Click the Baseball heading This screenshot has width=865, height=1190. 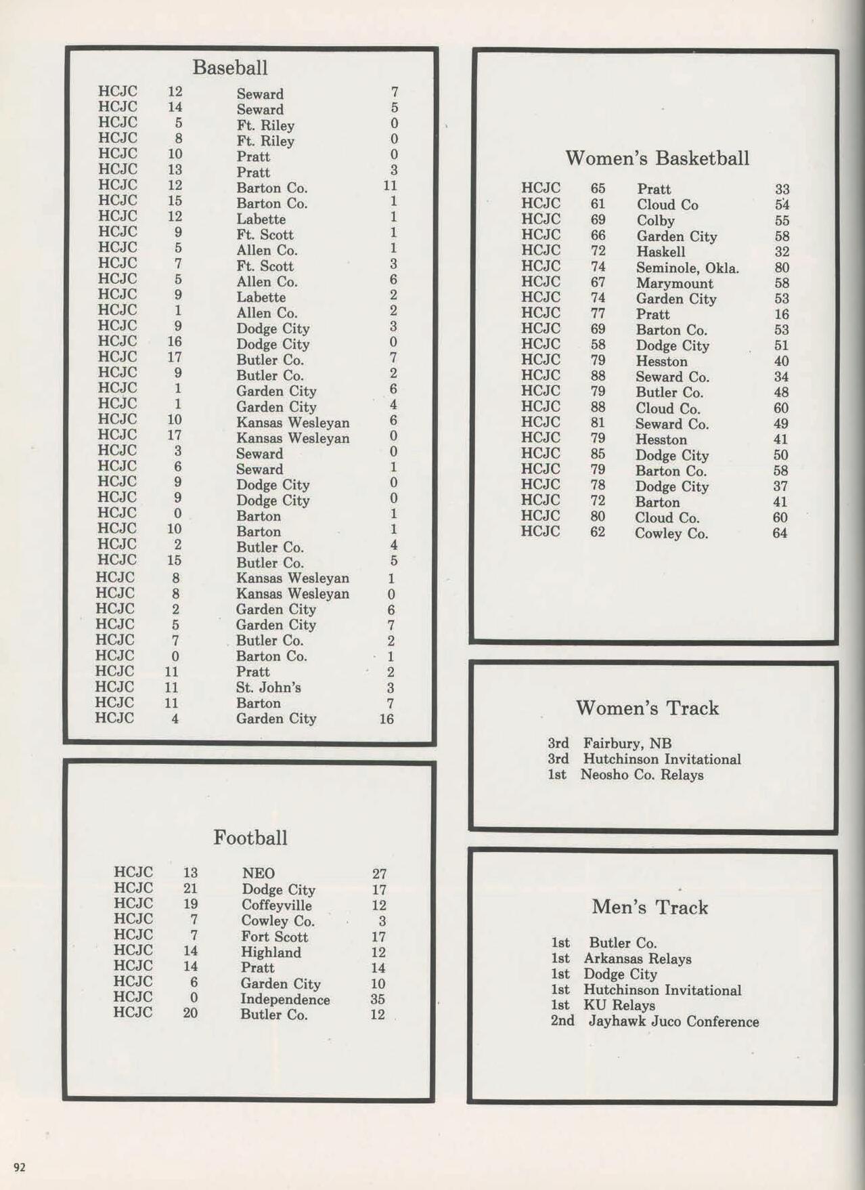coord(229,68)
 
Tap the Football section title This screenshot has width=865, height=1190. coord(250,838)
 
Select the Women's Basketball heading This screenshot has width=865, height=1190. coord(657,158)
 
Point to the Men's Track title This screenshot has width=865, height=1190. coord(649,908)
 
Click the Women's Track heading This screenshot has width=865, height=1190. coord(647,708)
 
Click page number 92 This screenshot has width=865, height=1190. coord(20,1166)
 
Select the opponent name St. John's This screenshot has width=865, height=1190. coord(268,687)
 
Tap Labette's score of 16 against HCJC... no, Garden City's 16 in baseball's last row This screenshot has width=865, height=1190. coord(386,719)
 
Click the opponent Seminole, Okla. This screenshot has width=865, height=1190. coord(687,268)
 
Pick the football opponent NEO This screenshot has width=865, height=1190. coord(258,874)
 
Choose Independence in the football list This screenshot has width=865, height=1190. coord(285,1000)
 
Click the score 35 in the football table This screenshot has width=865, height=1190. coord(378,999)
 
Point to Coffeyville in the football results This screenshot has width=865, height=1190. coord(276,906)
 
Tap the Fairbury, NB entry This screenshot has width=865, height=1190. coord(627,744)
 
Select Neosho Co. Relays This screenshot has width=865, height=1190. coord(642,775)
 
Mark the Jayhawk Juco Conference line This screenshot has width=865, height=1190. coord(673,1021)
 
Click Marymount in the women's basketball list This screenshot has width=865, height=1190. coord(674,284)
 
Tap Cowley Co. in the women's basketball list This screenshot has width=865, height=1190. coord(671,534)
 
